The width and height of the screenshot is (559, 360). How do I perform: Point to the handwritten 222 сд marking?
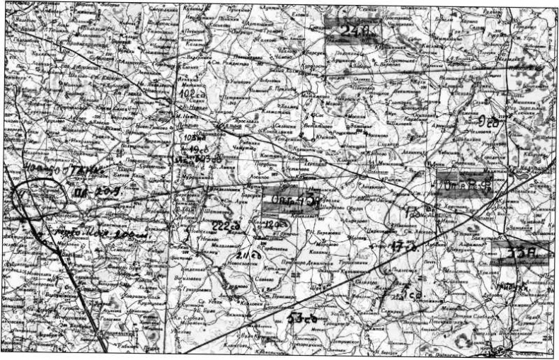(x=223, y=225)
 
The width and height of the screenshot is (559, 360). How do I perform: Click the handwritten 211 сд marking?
(x=246, y=255)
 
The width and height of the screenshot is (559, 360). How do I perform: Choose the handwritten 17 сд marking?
(x=401, y=247)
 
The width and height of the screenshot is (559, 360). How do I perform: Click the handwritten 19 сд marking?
(x=195, y=150)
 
